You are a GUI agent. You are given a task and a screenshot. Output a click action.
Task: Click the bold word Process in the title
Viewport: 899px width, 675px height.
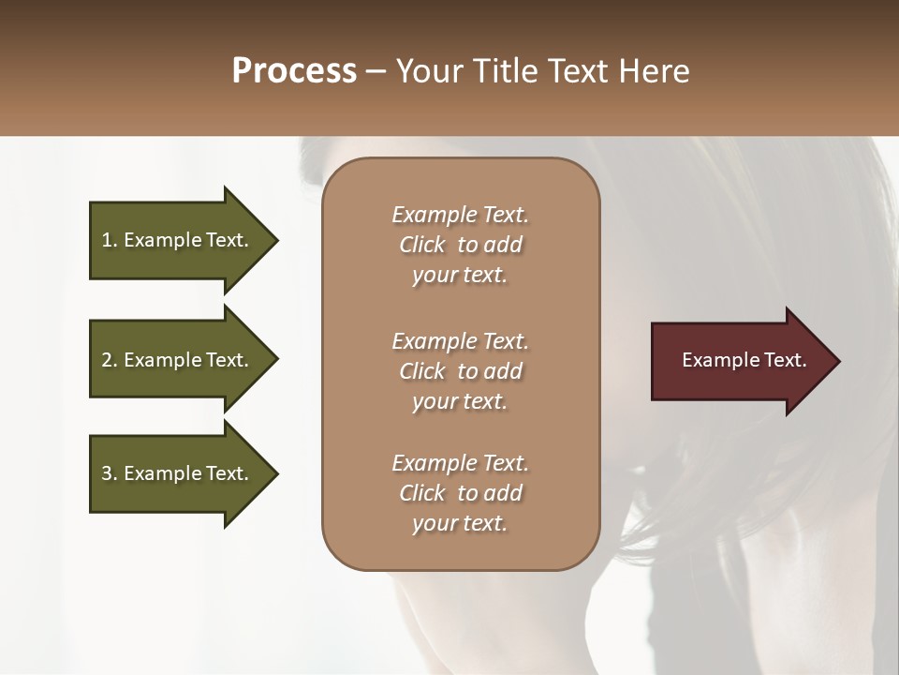pos(294,71)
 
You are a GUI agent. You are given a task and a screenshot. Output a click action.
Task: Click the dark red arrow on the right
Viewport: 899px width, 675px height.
pos(740,360)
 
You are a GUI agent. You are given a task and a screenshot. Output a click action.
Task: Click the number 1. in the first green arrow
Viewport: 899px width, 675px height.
pos(110,240)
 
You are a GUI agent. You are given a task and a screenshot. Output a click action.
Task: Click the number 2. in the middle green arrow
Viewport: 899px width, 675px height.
pos(110,360)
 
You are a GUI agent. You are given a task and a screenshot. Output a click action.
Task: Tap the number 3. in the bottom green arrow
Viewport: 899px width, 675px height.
pos(110,473)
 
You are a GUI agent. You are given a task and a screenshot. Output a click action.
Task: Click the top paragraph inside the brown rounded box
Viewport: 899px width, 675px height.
pos(460,245)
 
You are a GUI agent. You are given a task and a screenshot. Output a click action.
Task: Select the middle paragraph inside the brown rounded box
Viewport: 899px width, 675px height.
pos(460,371)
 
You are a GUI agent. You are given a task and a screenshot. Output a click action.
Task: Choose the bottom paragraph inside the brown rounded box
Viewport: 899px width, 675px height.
pos(460,493)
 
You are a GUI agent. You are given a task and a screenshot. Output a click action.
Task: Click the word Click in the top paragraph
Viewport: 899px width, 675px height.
pos(421,245)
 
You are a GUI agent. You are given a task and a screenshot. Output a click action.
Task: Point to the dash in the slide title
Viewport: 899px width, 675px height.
pos(376,72)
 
